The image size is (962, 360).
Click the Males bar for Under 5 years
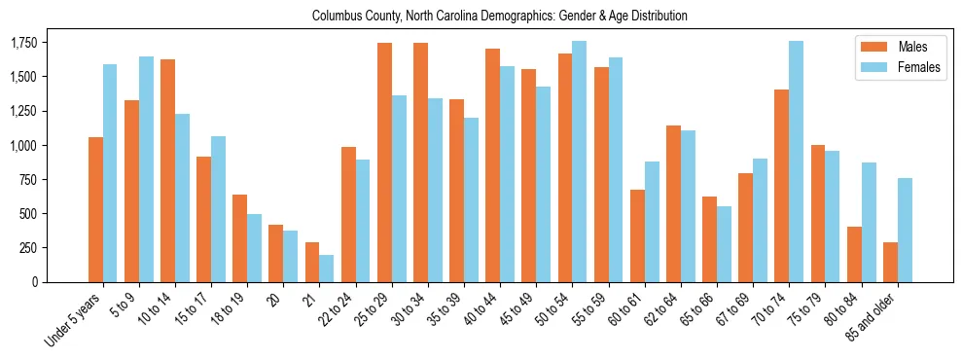95,209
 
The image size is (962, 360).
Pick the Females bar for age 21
327,269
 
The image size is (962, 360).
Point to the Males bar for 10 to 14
168,170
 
